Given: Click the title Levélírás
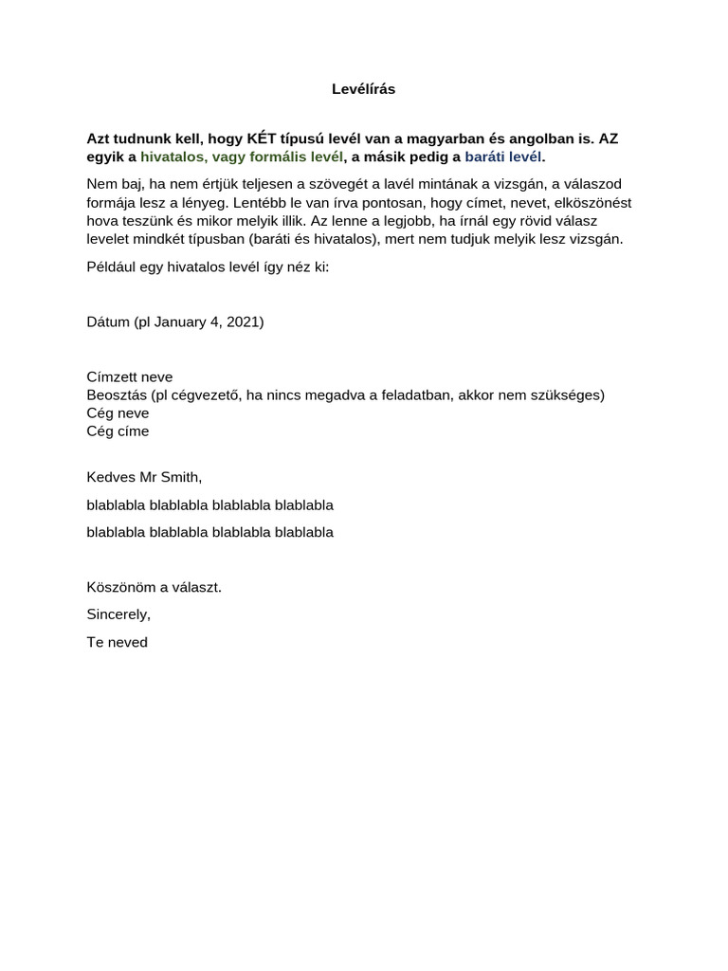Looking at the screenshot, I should (363, 89).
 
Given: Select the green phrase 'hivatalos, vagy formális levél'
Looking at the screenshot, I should (242, 156).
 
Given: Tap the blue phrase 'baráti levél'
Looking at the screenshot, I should (502, 156).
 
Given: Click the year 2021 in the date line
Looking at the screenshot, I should (243, 321).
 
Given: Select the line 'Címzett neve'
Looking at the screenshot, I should (129, 376).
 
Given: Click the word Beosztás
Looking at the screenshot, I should (117, 394).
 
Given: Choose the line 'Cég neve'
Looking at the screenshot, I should (118, 412).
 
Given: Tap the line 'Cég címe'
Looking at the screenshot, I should (118, 431).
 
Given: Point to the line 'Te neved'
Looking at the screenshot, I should (117, 642).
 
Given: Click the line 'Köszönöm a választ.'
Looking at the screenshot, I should (154, 587).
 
